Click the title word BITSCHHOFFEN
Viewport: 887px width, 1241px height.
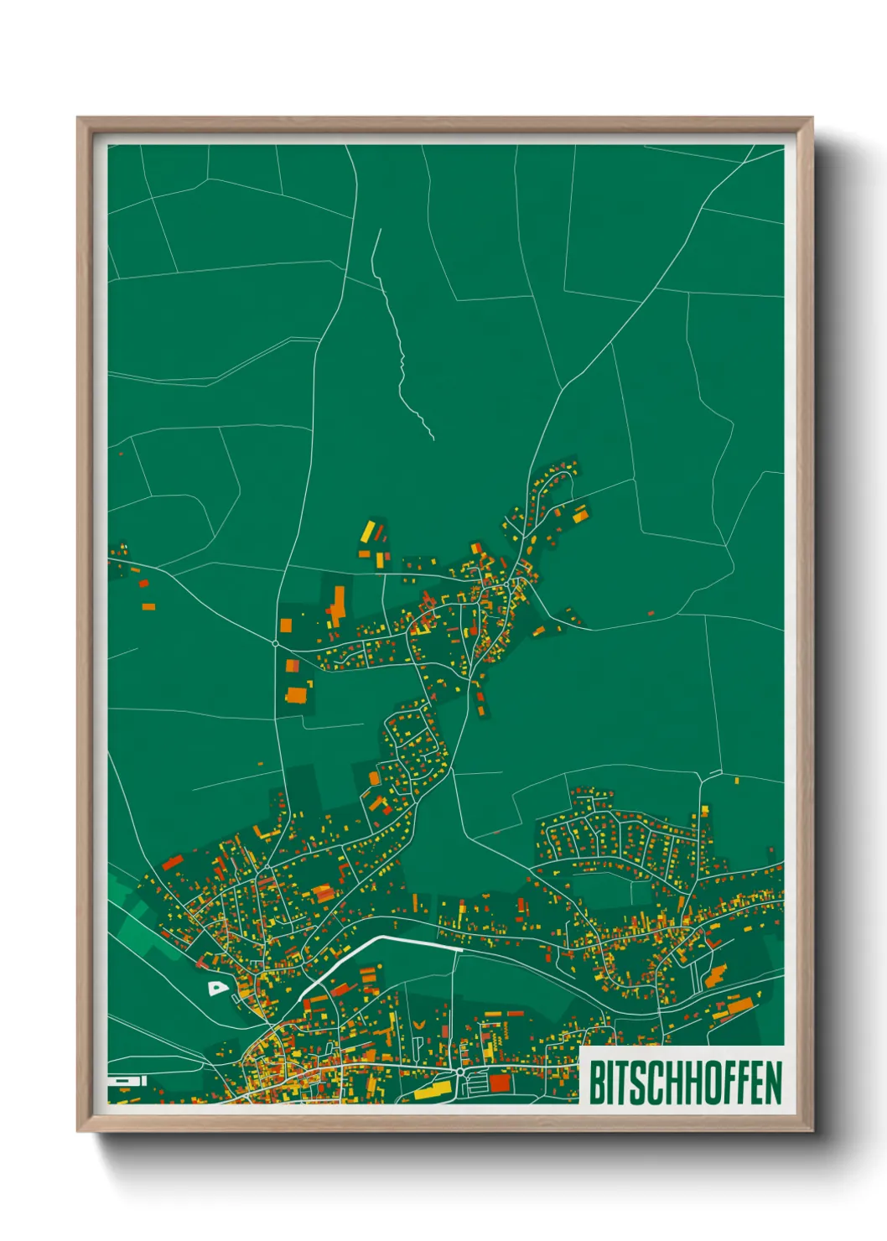tap(685, 1083)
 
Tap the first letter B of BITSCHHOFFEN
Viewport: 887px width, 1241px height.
tap(597, 1083)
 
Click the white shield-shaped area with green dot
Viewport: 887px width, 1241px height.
tap(217, 989)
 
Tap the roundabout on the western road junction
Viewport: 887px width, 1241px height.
tap(276, 643)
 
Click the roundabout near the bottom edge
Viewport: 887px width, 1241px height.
tap(459, 1072)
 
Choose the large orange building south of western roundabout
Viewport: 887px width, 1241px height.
tap(297, 695)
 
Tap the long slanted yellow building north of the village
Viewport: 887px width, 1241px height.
tap(368, 530)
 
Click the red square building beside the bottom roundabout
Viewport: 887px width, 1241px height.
tap(500, 1083)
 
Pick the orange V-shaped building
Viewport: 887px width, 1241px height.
tap(418, 1025)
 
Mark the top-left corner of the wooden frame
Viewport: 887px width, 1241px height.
tap(78, 118)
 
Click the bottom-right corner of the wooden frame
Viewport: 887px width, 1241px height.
tap(812, 1131)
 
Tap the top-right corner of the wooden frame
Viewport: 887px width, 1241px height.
tap(812, 118)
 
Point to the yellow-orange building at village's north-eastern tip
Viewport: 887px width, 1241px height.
tap(580, 513)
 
